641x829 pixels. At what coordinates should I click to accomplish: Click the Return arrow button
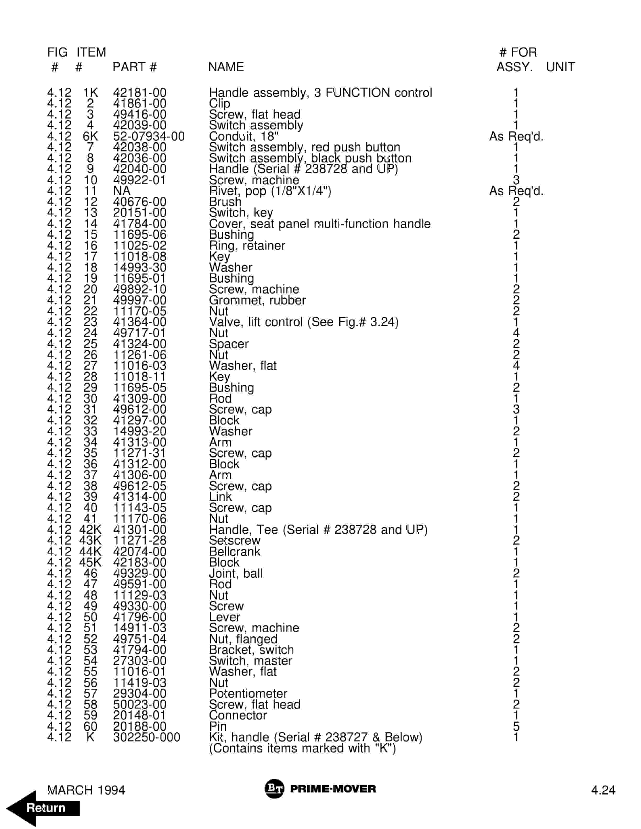[x=44, y=808]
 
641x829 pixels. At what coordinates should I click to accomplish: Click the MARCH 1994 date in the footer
[x=86, y=790]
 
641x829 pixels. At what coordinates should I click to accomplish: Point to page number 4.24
[x=603, y=790]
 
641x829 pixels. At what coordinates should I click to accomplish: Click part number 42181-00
[x=140, y=93]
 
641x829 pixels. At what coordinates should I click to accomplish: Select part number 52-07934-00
[x=149, y=136]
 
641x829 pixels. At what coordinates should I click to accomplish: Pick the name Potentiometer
[x=248, y=693]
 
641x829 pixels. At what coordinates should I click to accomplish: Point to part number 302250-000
[x=147, y=737]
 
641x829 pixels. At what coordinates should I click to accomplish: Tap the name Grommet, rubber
[x=257, y=300]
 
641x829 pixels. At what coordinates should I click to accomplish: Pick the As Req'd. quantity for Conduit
[x=516, y=136]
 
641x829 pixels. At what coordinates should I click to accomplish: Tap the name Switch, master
[x=250, y=661]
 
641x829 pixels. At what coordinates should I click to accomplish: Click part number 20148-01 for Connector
[x=140, y=715]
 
